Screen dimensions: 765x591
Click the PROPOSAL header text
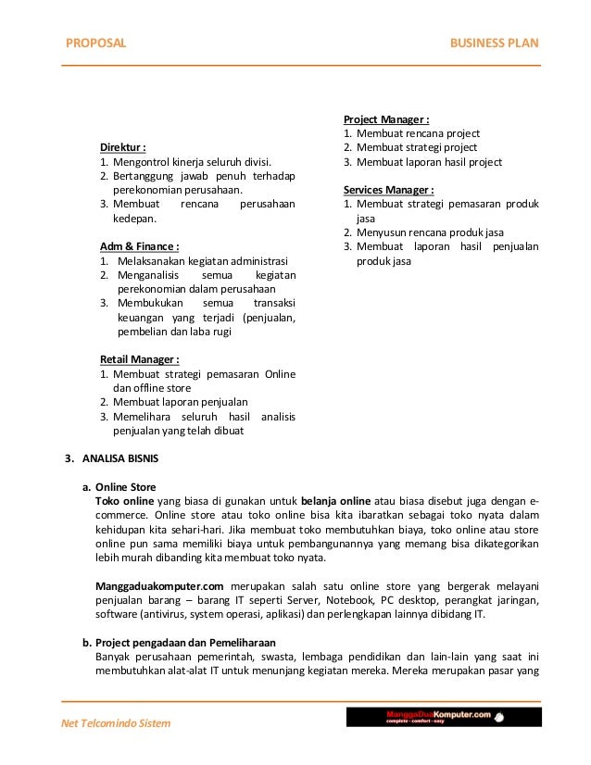pos(93,44)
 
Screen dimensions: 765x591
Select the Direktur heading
pos(124,147)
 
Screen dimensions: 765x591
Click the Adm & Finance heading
pos(139,245)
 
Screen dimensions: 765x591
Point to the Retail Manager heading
pos(139,358)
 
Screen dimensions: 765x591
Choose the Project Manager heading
pos(386,119)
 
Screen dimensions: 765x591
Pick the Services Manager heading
pos(389,190)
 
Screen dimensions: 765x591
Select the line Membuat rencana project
pos(418,133)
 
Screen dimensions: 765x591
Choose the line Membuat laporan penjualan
pos(181,402)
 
